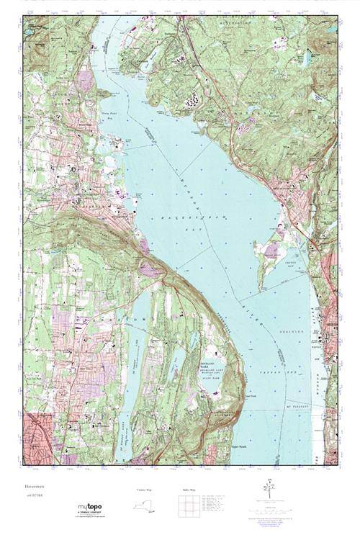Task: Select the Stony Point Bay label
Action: [128, 134]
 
